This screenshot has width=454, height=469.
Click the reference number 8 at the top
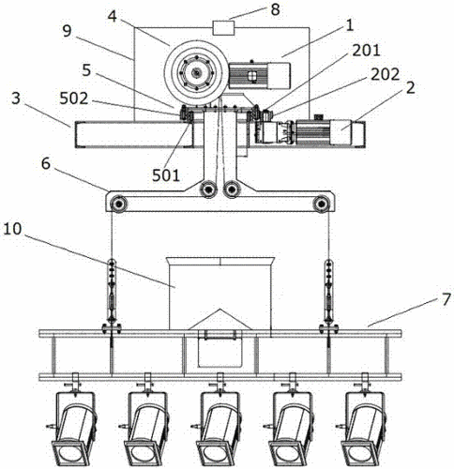[275, 9]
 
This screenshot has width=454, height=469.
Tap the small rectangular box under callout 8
[223, 27]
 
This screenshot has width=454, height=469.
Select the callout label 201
[366, 51]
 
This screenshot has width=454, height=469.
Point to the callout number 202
[385, 74]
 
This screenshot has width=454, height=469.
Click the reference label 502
[74, 98]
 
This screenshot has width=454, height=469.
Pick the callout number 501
[166, 175]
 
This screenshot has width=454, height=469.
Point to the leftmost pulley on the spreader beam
[119, 204]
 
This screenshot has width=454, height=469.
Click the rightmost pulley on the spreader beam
[320, 204]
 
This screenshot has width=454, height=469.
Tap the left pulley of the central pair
[207, 189]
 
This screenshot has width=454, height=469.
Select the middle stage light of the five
[219, 419]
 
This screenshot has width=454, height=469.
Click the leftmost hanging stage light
[75, 419]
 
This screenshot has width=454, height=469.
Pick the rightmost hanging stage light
[364, 419]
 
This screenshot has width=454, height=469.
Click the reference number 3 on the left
[15, 98]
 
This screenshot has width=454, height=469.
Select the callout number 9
[68, 32]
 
